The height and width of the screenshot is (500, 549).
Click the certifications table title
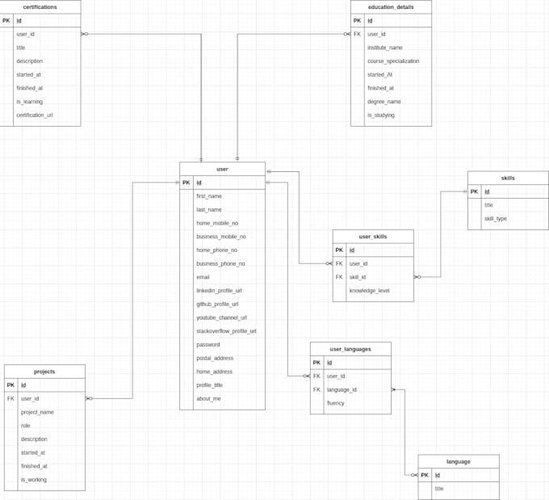[40, 6]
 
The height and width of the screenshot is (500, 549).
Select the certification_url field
[35, 116]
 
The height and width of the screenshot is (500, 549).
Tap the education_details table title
[391, 6]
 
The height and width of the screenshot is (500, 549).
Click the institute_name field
[385, 48]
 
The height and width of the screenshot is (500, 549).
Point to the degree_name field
[384, 102]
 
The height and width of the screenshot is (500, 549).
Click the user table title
[222, 169]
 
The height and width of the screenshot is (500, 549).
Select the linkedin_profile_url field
[219, 291]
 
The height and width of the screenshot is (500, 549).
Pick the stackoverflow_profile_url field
[226, 331]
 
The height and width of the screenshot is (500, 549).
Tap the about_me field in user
[207, 399]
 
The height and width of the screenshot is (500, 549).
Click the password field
[208, 345]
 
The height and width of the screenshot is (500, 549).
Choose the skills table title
[508, 178]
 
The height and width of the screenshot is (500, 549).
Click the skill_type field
[496, 219]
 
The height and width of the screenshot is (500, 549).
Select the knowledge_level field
[369, 291]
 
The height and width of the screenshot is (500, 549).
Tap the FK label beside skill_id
[339, 277]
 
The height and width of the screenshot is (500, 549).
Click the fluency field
[336, 403]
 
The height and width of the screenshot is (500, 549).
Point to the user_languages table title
[350, 349]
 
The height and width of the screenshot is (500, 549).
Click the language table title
[458, 461]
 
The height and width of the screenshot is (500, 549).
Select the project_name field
[37, 412]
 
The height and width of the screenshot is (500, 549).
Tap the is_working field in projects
[34, 480]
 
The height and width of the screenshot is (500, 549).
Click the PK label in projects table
[10, 385]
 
